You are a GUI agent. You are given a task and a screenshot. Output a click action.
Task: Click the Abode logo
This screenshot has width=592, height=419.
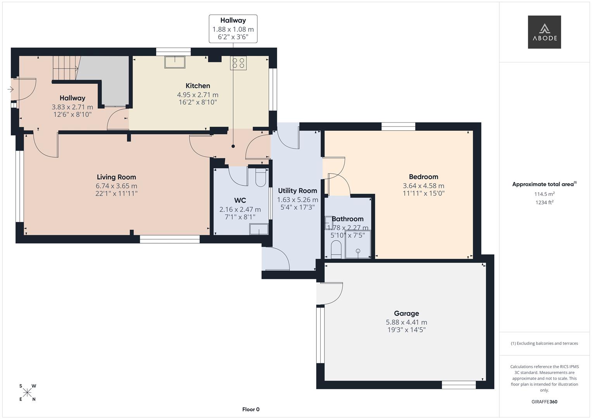pos(544,32)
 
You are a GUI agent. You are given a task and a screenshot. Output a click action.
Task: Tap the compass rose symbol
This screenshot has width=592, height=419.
pos(27,393)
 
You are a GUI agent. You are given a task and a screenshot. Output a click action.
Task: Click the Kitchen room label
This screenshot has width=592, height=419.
pos(198,86)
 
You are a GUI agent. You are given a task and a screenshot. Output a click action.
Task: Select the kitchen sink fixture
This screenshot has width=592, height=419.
pos(174,62)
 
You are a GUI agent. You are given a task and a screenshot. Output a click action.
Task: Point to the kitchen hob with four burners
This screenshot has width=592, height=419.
pos(238,63)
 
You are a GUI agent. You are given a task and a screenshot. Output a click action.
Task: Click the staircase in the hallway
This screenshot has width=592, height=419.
pos(65,68)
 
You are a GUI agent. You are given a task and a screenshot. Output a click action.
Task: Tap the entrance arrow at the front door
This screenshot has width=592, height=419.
pos(10,90)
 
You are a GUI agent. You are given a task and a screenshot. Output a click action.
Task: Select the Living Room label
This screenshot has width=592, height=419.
pos(116,177)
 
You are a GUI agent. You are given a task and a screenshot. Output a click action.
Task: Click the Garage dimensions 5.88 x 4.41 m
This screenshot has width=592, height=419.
pos(406,322)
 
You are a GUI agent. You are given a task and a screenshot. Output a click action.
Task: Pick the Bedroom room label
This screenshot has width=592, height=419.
pos(423,177)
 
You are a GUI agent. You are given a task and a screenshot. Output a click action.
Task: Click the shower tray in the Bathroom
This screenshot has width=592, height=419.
pos(357,244)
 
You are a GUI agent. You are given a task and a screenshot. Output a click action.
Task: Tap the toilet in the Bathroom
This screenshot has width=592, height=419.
pos(335,249)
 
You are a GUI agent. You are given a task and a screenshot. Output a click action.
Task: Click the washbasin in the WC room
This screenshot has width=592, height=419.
pos(259,229)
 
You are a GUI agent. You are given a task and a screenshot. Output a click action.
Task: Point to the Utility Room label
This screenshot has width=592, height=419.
pos(297,190)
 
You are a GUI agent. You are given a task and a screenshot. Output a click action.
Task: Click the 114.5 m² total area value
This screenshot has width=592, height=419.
pos(544,194)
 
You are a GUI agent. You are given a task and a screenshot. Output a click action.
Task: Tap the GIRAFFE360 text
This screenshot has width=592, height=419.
pos(544,402)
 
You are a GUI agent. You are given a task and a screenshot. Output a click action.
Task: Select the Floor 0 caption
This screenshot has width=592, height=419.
pos(251,409)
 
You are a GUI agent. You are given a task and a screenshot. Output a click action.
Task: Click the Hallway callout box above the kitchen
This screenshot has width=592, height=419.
pos(233,29)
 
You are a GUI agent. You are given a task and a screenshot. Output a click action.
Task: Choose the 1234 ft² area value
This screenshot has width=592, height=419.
pos(544,202)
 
